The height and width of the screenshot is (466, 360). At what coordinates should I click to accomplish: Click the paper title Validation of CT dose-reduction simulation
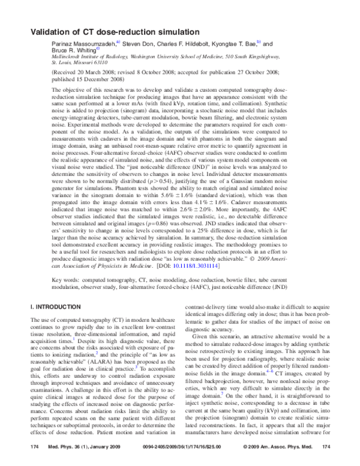point(118,32)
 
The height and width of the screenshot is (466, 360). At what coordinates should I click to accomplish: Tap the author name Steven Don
point(140,44)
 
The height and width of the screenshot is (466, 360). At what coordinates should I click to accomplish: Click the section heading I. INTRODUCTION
point(56,306)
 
